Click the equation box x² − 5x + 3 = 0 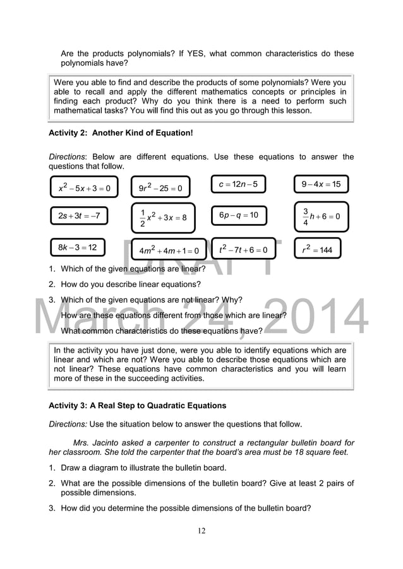pos(84,187)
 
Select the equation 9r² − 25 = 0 pos(160,188)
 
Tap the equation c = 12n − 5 pos(238,184)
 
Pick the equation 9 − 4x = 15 pos(321,184)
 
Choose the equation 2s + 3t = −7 pos(79,216)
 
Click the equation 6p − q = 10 pos(239,215)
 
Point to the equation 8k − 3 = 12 pos(77,247)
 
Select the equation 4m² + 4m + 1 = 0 pos(169,250)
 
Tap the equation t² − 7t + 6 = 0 pos(243,249)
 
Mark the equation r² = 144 pos(318,249)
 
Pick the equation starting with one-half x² pos(163,218)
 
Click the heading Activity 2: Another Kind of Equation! pos(121,133)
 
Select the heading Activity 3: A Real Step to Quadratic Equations pos(137,405)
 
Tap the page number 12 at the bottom pos(201,531)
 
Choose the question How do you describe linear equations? pos(131,284)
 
